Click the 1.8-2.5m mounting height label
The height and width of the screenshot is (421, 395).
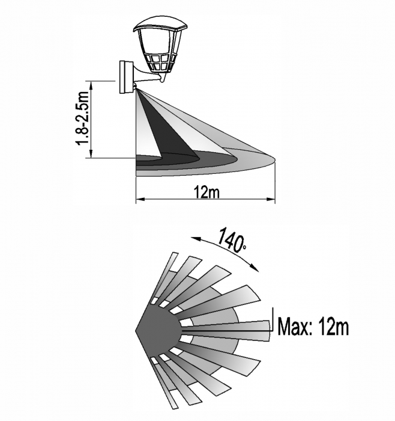[x=83, y=119]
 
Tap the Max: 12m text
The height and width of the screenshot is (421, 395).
[x=313, y=327]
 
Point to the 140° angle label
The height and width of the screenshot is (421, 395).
[x=231, y=240]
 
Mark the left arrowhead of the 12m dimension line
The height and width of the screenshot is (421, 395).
[x=139, y=199]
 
